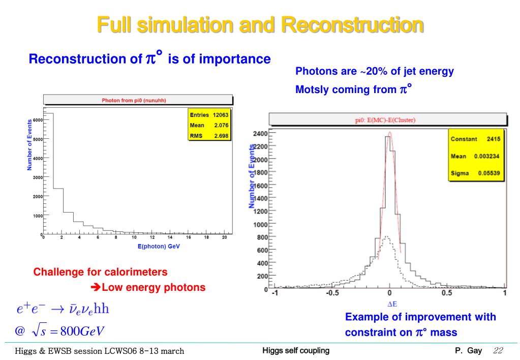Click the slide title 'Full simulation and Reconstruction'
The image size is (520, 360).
[260, 25]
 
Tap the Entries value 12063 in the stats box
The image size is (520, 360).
[221, 115]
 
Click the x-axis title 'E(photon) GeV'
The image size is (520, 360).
[159, 246]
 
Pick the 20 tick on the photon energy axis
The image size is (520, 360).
[224, 237]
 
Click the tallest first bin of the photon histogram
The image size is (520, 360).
[49, 173]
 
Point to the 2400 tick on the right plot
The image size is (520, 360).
[259, 134]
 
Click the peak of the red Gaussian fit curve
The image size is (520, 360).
[390, 133]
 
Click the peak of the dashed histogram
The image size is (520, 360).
[387, 236]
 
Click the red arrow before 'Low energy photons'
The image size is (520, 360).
[96, 288]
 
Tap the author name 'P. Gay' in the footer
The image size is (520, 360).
[468, 350]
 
